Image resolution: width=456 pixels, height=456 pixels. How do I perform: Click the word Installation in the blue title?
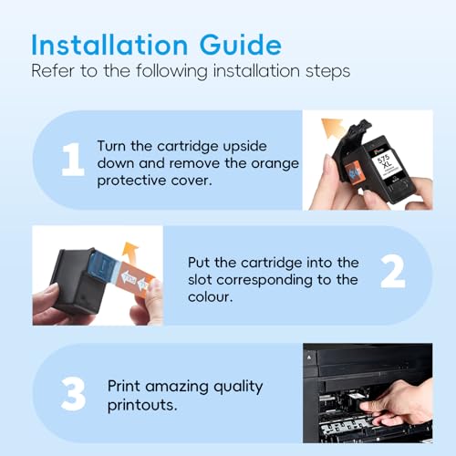pyautogui.click(x=109, y=45)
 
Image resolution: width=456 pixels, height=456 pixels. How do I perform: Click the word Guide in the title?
pyautogui.click(x=241, y=45)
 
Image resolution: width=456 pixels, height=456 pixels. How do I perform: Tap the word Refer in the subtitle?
pyautogui.click(x=53, y=71)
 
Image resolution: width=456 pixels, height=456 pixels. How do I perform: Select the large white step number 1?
pyautogui.click(x=73, y=160)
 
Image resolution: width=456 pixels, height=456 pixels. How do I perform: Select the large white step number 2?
pyautogui.click(x=393, y=271)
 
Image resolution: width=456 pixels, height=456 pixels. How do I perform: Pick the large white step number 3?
pyautogui.click(x=73, y=394)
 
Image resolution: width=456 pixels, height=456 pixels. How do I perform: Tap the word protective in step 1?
pyautogui.click(x=131, y=181)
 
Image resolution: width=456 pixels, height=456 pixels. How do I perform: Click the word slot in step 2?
pyautogui.click(x=200, y=280)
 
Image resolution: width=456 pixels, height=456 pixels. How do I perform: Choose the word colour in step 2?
pyautogui.click(x=210, y=297)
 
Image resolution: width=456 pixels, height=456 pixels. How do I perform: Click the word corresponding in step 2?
pyautogui.click(x=264, y=281)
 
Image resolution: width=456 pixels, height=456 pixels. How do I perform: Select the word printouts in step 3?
pyautogui.click(x=142, y=405)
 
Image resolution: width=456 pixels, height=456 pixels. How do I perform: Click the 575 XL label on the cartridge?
pyautogui.click(x=384, y=161)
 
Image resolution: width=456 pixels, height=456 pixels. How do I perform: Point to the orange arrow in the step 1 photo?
pyautogui.click(x=333, y=128)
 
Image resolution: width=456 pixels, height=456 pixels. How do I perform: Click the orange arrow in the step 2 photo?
pyautogui.click(x=130, y=252)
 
